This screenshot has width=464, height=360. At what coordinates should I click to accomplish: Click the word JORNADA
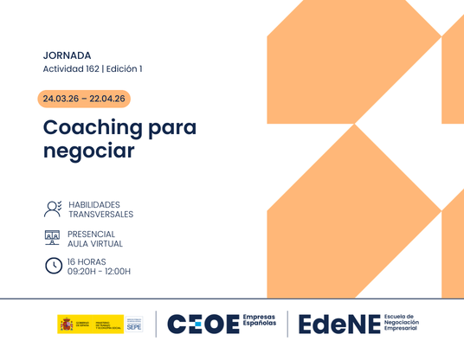pyautogui.click(x=67, y=55)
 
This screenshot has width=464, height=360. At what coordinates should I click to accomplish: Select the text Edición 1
pyautogui.click(x=124, y=69)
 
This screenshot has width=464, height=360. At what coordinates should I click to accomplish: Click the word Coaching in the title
pyautogui.click(x=93, y=128)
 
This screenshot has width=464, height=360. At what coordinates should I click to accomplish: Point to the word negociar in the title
pyautogui.click(x=89, y=151)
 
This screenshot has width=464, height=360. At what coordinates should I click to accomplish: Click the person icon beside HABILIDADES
pyautogui.click(x=53, y=209)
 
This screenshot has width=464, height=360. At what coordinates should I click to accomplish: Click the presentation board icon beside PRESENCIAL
pyautogui.click(x=53, y=237)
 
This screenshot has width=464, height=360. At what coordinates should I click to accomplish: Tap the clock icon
pyautogui.click(x=53, y=266)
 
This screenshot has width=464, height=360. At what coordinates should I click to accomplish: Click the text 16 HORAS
pyautogui.click(x=87, y=260)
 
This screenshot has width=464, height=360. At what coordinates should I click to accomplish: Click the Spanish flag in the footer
pyautogui.click(x=67, y=325)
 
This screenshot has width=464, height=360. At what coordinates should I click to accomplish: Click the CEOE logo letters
pyautogui.click(x=202, y=325)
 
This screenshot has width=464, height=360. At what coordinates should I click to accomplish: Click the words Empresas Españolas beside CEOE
pyautogui.click(x=259, y=325)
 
